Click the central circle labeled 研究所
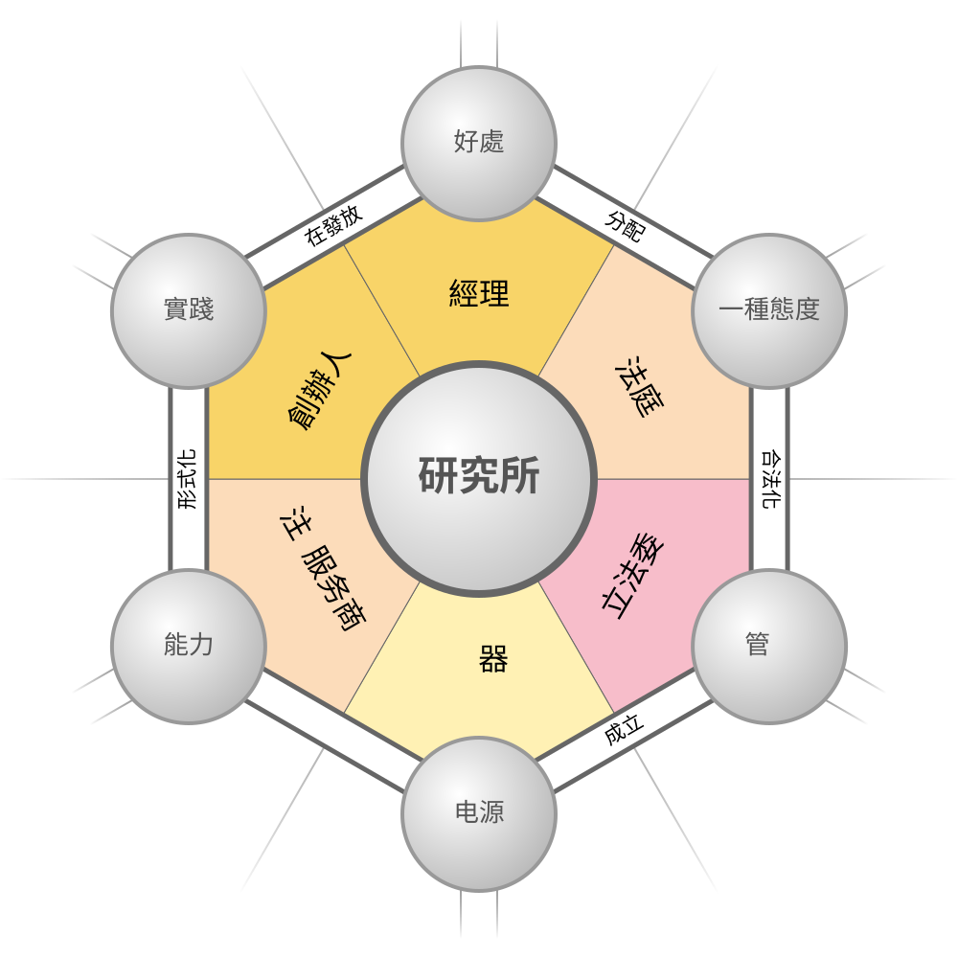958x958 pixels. pos(479,478)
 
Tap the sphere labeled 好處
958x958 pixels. pos(479,144)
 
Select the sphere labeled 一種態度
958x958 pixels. pos(769,311)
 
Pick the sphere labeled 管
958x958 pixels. pos(769,647)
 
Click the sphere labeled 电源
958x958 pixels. pos(479,813)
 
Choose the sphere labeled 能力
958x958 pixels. pos(189,647)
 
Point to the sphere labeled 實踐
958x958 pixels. pos(189,311)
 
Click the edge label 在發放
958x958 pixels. pos(333,225)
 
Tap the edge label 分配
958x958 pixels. pos(625,226)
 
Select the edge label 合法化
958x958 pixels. pos(771,480)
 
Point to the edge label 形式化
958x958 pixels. pos(187,480)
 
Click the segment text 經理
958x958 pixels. pos(479,293)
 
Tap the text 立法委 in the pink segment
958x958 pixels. pos(632,576)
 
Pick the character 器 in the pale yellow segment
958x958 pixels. pos(493,659)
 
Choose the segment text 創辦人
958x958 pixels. pos(319,391)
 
